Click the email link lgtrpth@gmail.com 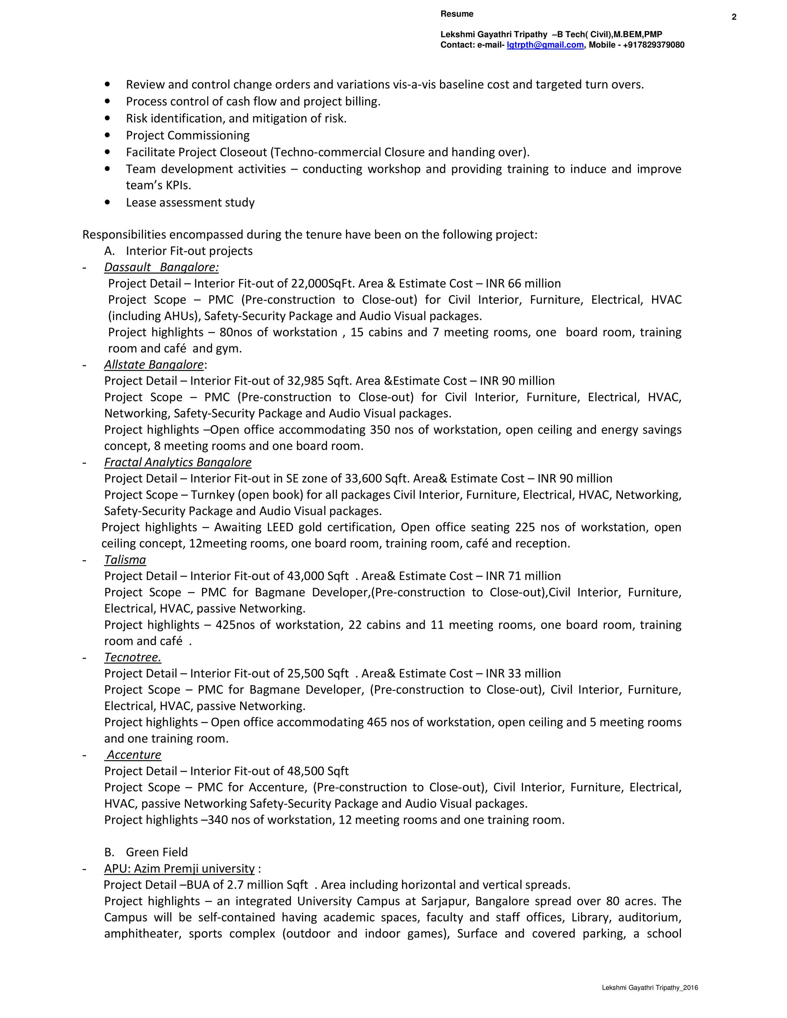(x=545, y=45)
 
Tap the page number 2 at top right (x=734, y=17)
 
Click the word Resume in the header (x=457, y=14)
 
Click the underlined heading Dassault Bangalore (x=161, y=267)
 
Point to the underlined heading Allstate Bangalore (x=154, y=365)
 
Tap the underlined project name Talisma (x=125, y=560)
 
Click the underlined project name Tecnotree (x=133, y=657)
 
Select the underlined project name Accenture (x=134, y=754)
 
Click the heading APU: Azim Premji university (x=179, y=869)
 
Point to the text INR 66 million (x=523, y=284)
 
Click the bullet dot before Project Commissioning (x=108, y=136)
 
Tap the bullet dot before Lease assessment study (x=108, y=203)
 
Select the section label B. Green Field (x=146, y=852)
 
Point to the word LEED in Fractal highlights (x=280, y=527)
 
